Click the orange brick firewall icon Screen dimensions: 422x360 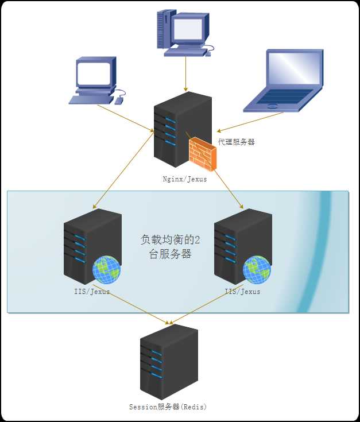tap(202, 153)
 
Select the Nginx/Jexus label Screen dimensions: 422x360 tap(184, 179)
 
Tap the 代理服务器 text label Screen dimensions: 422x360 tap(236, 141)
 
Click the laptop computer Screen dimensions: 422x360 tap(284, 80)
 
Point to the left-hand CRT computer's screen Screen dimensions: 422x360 tap(94, 73)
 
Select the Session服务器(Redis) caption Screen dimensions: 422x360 tap(168, 407)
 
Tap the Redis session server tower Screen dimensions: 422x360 tap(168, 361)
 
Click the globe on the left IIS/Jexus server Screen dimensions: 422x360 tap(106, 270)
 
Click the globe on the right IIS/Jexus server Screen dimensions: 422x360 tap(256, 270)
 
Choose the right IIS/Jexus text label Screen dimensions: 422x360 tap(243, 292)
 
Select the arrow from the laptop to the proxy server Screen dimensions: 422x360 tap(250, 122)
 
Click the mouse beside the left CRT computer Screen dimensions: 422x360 tap(119, 100)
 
